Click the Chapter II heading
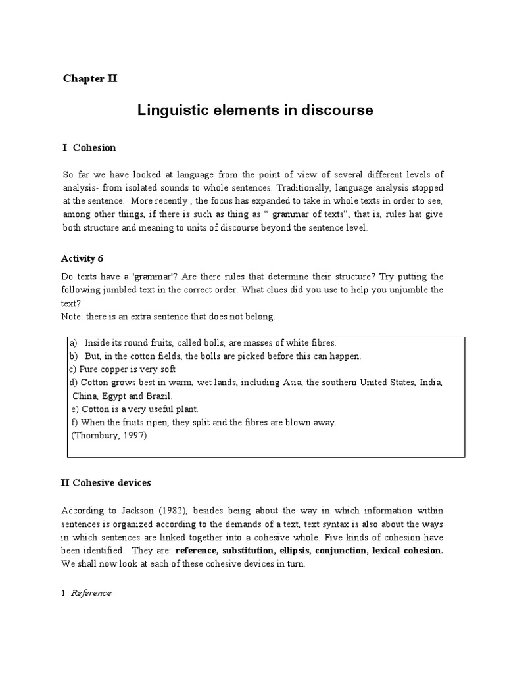coord(89,78)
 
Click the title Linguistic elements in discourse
coord(254,111)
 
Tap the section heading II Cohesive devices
coord(106,482)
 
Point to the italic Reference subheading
coord(91,593)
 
